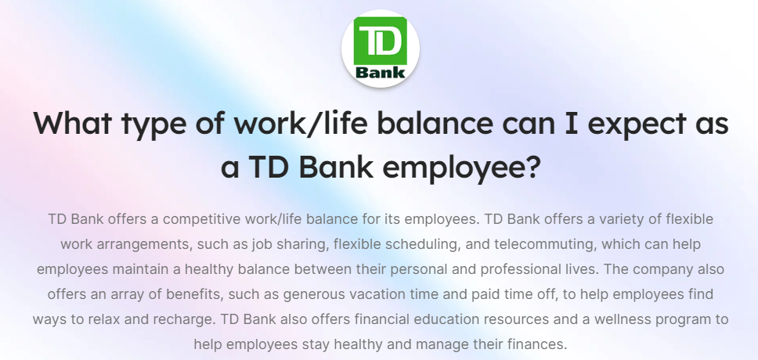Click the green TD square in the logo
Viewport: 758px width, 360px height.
[380, 41]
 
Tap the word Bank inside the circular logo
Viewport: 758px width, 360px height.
[380, 73]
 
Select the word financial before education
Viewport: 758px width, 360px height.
[384, 319]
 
